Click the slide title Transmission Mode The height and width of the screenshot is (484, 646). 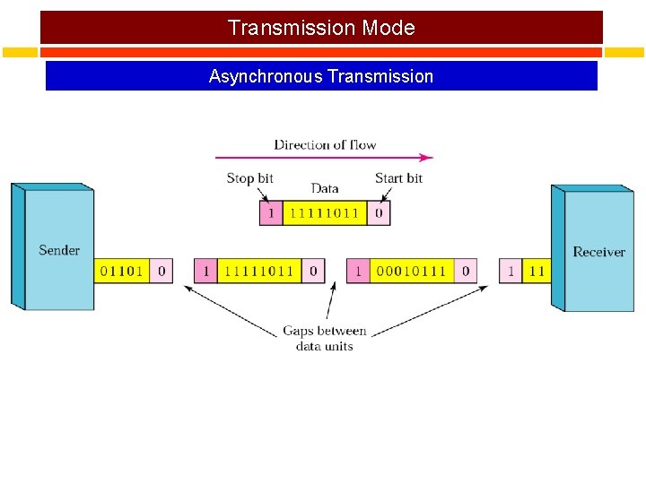pyautogui.click(x=321, y=28)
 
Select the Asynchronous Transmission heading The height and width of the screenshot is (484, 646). pyautogui.click(x=321, y=76)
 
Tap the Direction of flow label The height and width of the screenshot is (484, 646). pyautogui.click(x=325, y=144)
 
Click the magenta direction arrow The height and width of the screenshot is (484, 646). pyautogui.click(x=323, y=158)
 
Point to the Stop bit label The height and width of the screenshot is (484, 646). pyautogui.click(x=249, y=178)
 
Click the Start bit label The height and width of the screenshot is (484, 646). pyautogui.click(x=398, y=178)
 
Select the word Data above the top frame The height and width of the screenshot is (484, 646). pyautogui.click(x=325, y=188)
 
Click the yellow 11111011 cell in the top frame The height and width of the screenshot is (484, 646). pyautogui.click(x=324, y=213)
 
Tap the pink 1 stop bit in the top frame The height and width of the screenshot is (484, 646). pyautogui.click(x=270, y=213)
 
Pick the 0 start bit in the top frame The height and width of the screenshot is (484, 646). pyautogui.click(x=379, y=213)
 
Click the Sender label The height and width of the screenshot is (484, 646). pyautogui.click(x=59, y=250)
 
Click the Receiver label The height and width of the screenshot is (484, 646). pyautogui.click(x=598, y=252)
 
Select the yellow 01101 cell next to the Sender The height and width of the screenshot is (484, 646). pyautogui.click(x=122, y=271)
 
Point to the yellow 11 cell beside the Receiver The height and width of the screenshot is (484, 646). pyautogui.click(x=537, y=271)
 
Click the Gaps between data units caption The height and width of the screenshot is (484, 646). pyautogui.click(x=324, y=338)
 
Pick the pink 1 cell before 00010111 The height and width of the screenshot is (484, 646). pyautogui.click(x=358, y=271)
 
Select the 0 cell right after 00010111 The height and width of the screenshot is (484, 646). pyautogui.click(x=465, y=271)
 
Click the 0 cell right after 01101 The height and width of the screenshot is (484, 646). pyautogui.click(x=161, y=271)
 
